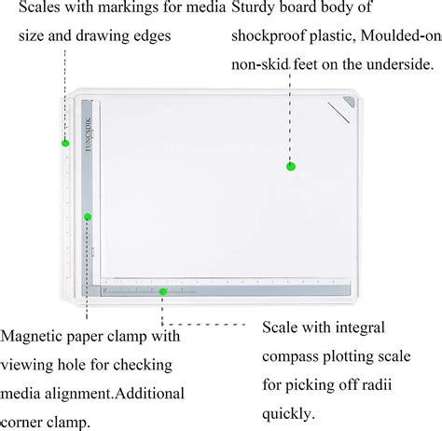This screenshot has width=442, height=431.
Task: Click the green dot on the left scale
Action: pos(65,143)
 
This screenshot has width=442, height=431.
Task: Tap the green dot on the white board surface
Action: pos(291,166)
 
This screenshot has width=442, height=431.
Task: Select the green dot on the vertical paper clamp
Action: pos(88,216)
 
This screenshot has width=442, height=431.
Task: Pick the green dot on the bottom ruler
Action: pos(163,292)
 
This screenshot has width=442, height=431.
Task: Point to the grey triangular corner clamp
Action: pos(350,109)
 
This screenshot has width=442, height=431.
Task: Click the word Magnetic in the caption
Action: pos(36,336)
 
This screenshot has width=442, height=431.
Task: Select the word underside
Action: pos(399,64)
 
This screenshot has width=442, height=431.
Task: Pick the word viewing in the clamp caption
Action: pos(33,365)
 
